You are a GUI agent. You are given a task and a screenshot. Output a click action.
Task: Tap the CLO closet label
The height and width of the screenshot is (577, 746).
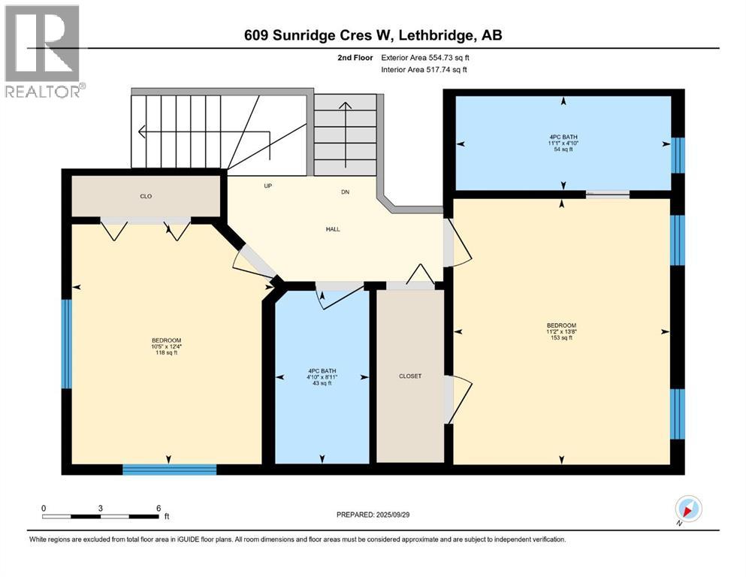point(146,196)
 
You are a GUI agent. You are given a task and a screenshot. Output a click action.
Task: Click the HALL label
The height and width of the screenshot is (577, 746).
point(333,229)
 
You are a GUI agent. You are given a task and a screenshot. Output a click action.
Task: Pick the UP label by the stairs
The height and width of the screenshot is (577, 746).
point(267,186)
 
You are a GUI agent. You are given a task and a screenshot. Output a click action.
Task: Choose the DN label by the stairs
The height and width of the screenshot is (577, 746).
point(346,192)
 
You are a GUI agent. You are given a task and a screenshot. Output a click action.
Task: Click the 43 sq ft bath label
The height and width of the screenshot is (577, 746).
point(322,384)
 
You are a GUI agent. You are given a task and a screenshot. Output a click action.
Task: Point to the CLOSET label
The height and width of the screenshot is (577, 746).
point(410,376)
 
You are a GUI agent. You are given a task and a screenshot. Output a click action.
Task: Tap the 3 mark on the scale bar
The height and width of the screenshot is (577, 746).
point(100,508)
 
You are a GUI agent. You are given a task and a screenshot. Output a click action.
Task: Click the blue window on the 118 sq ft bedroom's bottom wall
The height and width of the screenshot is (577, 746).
point(169,470)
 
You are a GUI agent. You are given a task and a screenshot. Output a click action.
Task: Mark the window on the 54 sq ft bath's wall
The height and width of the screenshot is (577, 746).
point(678,156)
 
